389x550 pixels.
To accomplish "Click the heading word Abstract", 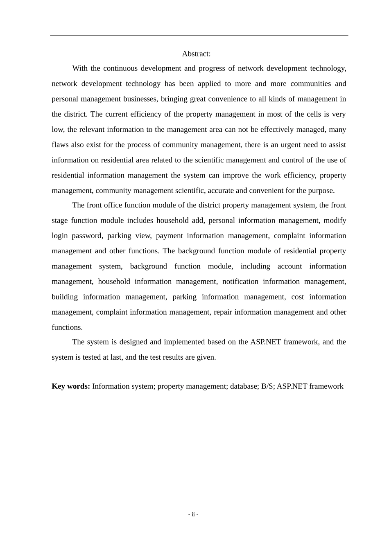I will [196, 54].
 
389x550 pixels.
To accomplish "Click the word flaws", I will [60, 145].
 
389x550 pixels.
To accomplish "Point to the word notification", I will [240, 282].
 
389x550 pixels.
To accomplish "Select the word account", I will [289, 266].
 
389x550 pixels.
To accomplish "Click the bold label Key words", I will [70, 386].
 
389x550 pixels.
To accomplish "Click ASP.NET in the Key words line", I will [292, 386].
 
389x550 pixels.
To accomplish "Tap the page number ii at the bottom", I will [193, 514].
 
